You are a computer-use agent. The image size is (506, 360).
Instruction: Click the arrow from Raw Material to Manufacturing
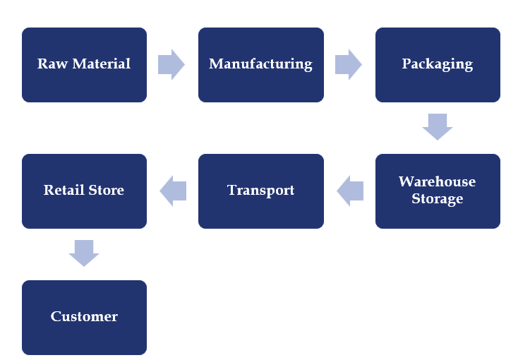(171, 64)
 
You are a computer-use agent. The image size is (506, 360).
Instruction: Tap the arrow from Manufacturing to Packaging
(348, 64)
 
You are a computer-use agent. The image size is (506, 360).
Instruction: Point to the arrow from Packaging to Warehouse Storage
(438, 126)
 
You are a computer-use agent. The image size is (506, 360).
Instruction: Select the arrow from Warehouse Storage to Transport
(350, 191)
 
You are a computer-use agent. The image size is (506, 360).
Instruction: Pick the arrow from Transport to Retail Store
(173, 191)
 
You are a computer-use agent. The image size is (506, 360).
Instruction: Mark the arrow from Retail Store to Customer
(84, 253)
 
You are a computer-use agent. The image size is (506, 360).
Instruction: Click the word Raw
(51, 64)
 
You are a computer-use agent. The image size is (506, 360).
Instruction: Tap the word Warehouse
(438, 181)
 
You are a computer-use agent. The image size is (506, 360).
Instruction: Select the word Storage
(438, 198)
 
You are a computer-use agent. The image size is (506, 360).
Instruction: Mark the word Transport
(260, 191)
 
